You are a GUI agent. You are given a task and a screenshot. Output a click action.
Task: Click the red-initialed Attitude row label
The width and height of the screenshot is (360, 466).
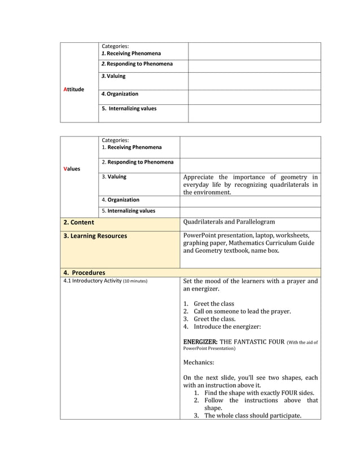pyautogui.click(x=74, y=89)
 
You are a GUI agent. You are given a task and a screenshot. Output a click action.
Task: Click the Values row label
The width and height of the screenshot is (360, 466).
pyautogui.click(x=72, y=169)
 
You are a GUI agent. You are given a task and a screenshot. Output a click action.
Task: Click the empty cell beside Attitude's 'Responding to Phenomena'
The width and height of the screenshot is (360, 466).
pyautogui.click(x=254, y=65)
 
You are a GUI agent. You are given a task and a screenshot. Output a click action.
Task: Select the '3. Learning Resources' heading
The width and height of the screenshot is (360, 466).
pyautogui.click(x=95, y=236)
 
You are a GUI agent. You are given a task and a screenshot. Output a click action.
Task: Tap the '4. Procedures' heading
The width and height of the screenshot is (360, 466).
pyautogui.click(x=84, y=272)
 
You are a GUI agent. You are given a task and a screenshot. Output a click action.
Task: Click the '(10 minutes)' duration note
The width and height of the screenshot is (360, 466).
pyautogui.click(x=135, y=281)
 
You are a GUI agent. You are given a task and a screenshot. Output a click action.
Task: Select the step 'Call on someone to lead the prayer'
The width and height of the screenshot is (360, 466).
pyautogui.click(x=242, y=311)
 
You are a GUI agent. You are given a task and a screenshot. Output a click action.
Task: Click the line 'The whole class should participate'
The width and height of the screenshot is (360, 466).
pyautogui.click(x=253, y=416)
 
